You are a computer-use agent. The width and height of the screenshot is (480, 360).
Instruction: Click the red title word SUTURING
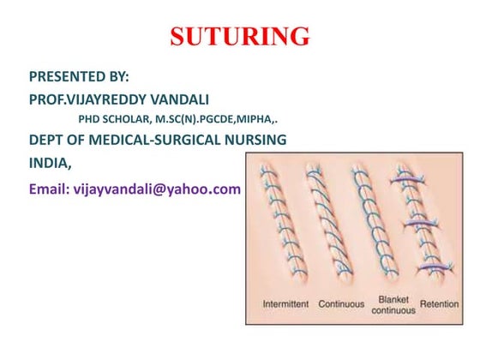(x=240, y=37)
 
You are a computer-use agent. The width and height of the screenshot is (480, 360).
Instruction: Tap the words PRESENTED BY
(x=79, y=76)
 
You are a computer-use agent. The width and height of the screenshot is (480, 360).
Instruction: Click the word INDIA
(x=51, y=161)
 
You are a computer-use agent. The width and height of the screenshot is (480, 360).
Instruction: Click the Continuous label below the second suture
(x=341, y=304)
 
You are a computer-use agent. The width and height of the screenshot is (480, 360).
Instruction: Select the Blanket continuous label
(x=393, y=304)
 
